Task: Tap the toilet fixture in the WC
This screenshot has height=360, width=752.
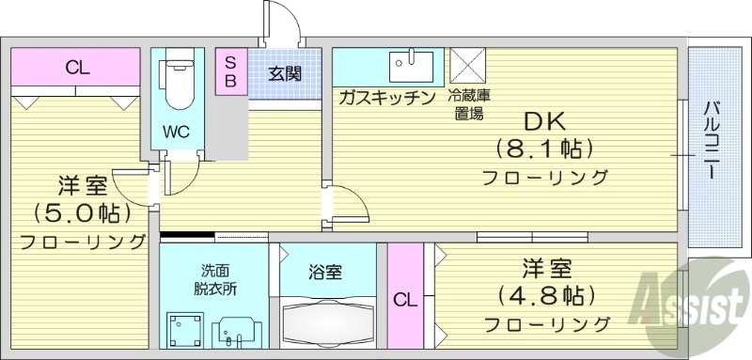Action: click(176, 86)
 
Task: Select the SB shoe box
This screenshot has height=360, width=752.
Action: click(228, 70)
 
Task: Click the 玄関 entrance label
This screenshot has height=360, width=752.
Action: click(284, 73)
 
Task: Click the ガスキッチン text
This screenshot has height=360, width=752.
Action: click(386, 97)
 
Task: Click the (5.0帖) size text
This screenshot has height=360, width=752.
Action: click(84, 211)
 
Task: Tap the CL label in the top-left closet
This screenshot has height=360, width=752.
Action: click(77, 68)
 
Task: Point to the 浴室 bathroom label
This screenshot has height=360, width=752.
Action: click(325, 273)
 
